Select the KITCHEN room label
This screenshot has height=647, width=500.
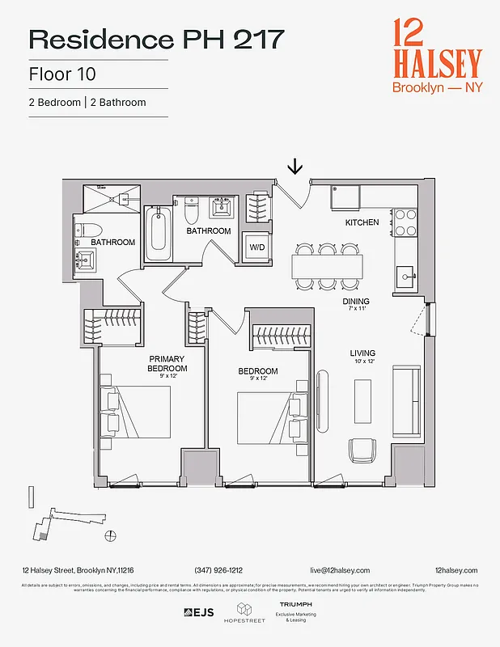tap(362, 222)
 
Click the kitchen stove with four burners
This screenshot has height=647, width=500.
tap(405, 222)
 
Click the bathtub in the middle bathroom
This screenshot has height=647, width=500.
tap(158, 235)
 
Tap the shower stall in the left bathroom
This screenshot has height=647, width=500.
tap(112, 198)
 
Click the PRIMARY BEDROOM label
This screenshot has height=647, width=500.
tap(166, 363)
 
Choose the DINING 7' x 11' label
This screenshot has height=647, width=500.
tap(356, 304)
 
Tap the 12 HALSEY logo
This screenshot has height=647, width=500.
tap(436, 55)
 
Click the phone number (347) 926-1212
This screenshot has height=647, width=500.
tap(218, 570)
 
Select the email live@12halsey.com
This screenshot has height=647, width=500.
tap(339, 570)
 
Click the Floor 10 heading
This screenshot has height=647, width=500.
tap(62, 75)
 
